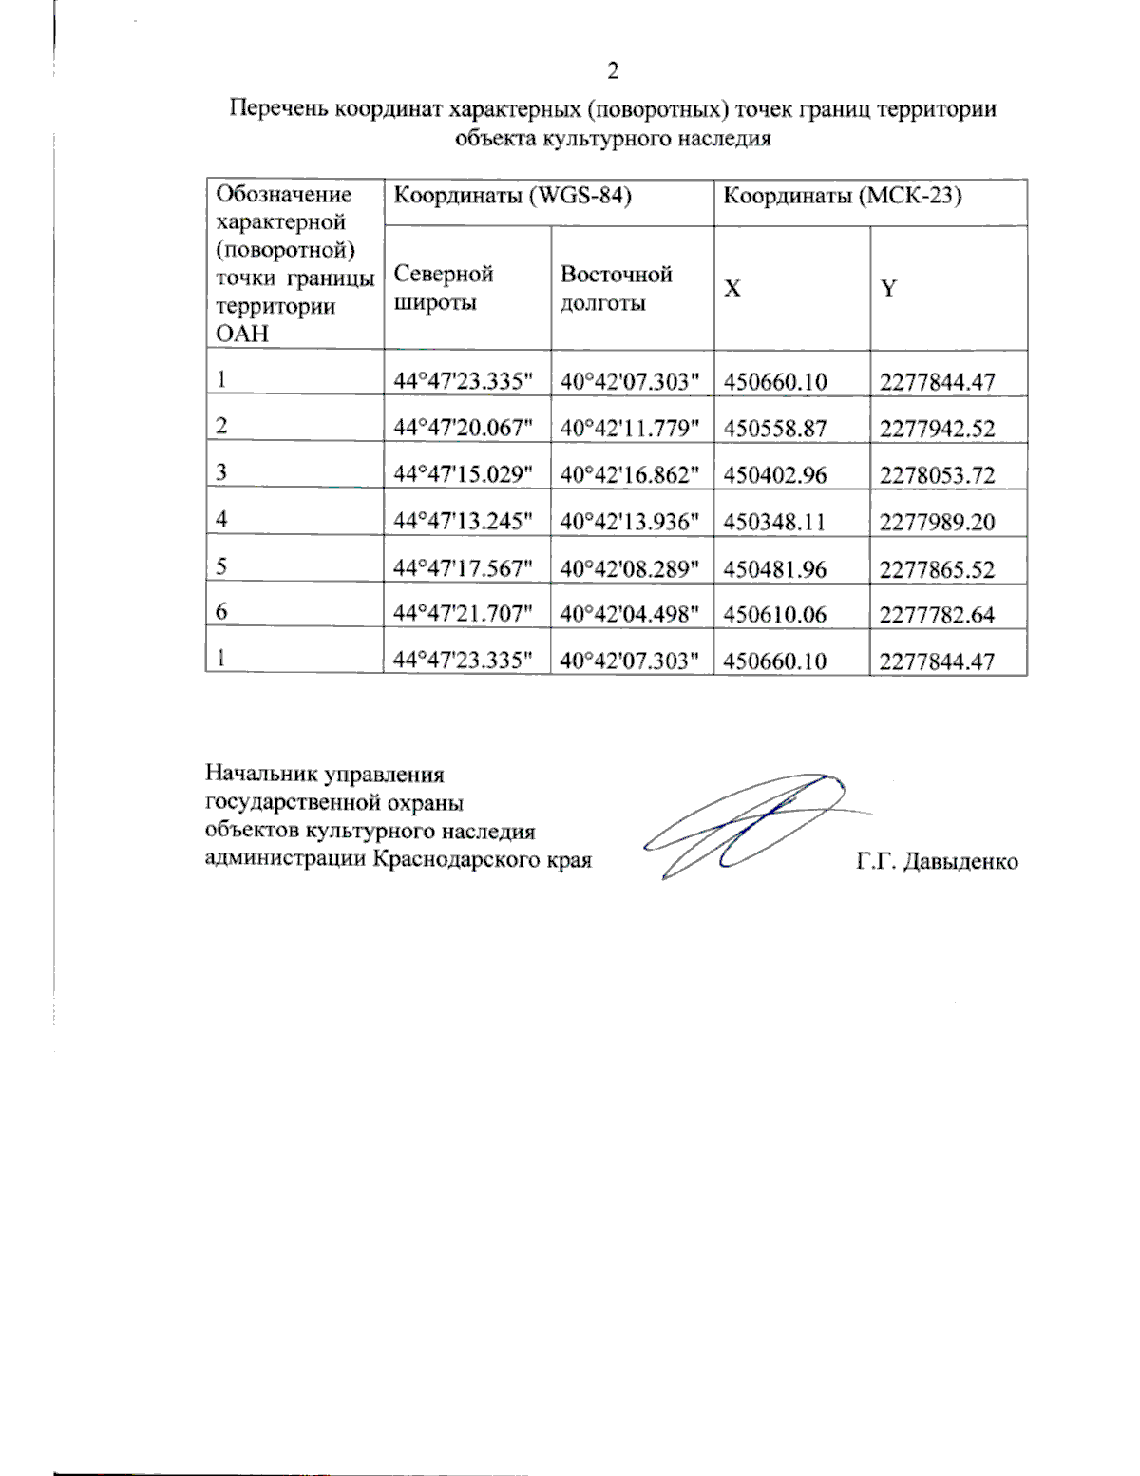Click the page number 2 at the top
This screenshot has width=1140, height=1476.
point(613,71)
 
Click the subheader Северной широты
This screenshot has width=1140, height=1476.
point(444,288)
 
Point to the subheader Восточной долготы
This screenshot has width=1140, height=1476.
point(616,288)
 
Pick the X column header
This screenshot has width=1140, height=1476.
point(732,289)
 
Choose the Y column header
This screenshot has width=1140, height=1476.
point(888,289)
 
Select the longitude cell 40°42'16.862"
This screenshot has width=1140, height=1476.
point(629,474)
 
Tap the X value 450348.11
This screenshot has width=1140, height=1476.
point(774,522)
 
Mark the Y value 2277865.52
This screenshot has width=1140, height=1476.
point(937,569)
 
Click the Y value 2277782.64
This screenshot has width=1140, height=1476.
point(937,615)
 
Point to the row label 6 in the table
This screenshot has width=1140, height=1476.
point(221,612)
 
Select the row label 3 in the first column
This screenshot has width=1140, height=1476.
point(221,472)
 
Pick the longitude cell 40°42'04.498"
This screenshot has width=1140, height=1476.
point(629,615)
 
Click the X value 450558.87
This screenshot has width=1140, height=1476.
point(774,428)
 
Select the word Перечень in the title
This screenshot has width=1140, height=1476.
point(278,109)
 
